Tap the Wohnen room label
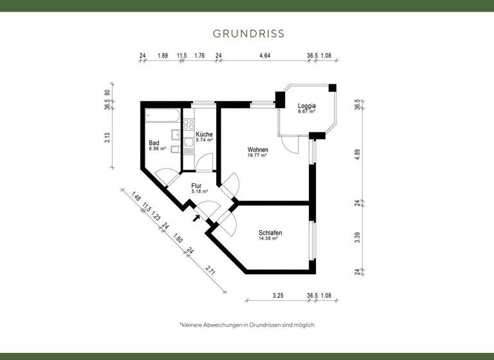point(257,150)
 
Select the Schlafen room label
point(270,233)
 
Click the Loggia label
point(306,106)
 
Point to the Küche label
point(204,134)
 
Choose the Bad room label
point(154,143)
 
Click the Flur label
point(197,186)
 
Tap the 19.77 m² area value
point(257,156)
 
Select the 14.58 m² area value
point(268,239)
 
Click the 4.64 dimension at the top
point(264,56)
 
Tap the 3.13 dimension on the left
point(107,138)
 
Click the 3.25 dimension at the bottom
point(279,296)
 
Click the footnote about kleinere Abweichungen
point(247,325)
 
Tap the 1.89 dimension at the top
point(163,56)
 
